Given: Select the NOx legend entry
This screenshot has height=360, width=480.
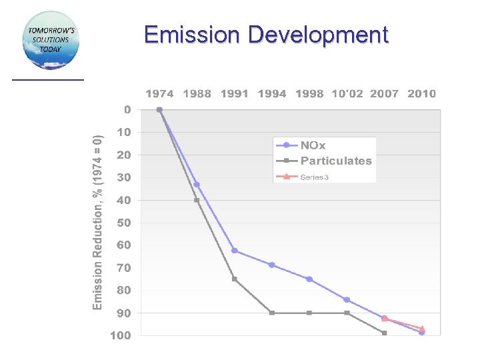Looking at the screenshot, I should coord(313,145).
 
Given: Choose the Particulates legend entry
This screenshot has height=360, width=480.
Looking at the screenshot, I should coord(335,161).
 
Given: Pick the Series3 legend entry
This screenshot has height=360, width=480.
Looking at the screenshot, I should coord(314,177).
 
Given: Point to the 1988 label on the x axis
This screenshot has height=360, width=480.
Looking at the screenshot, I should coord(197,93).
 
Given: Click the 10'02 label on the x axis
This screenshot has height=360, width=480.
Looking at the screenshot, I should coord(347,93).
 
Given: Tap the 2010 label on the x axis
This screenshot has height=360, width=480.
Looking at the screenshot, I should coord(421,93).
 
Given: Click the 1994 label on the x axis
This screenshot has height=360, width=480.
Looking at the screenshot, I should coord(272,93).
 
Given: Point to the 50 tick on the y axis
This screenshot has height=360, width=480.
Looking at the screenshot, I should coord(123,223).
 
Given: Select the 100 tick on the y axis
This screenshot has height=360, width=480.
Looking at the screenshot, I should coord(121,335).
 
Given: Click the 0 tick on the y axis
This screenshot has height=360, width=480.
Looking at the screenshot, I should coord(127,109).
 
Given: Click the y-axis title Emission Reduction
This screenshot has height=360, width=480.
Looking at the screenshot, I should coord(98,222).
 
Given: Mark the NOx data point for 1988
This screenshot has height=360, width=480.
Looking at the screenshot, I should coord(197,185).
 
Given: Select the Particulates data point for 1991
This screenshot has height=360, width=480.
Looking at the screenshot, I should coord(235,279).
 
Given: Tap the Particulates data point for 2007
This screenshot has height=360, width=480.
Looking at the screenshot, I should coord(385,333).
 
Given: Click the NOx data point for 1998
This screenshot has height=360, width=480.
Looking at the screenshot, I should coord(309,279).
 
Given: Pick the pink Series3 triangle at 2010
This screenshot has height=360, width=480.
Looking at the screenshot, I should coord(422,329).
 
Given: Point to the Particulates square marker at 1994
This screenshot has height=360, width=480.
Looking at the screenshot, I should coord(272,313).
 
